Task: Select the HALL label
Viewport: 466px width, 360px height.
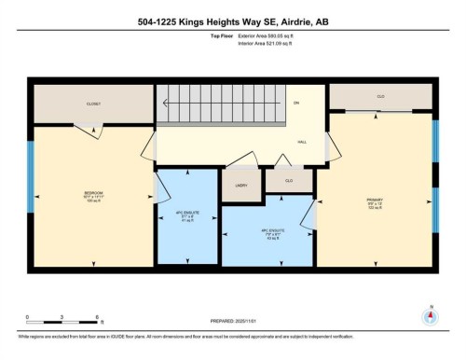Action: [302, 142]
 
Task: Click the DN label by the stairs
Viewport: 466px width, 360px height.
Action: [297, 103]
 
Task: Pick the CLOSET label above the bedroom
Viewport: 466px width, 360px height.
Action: [92, 104]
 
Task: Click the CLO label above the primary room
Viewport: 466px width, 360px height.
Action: [380, 97]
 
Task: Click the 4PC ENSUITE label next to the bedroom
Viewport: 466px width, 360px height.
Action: [185, 216]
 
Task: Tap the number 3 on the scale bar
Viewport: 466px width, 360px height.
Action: [62, 318]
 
